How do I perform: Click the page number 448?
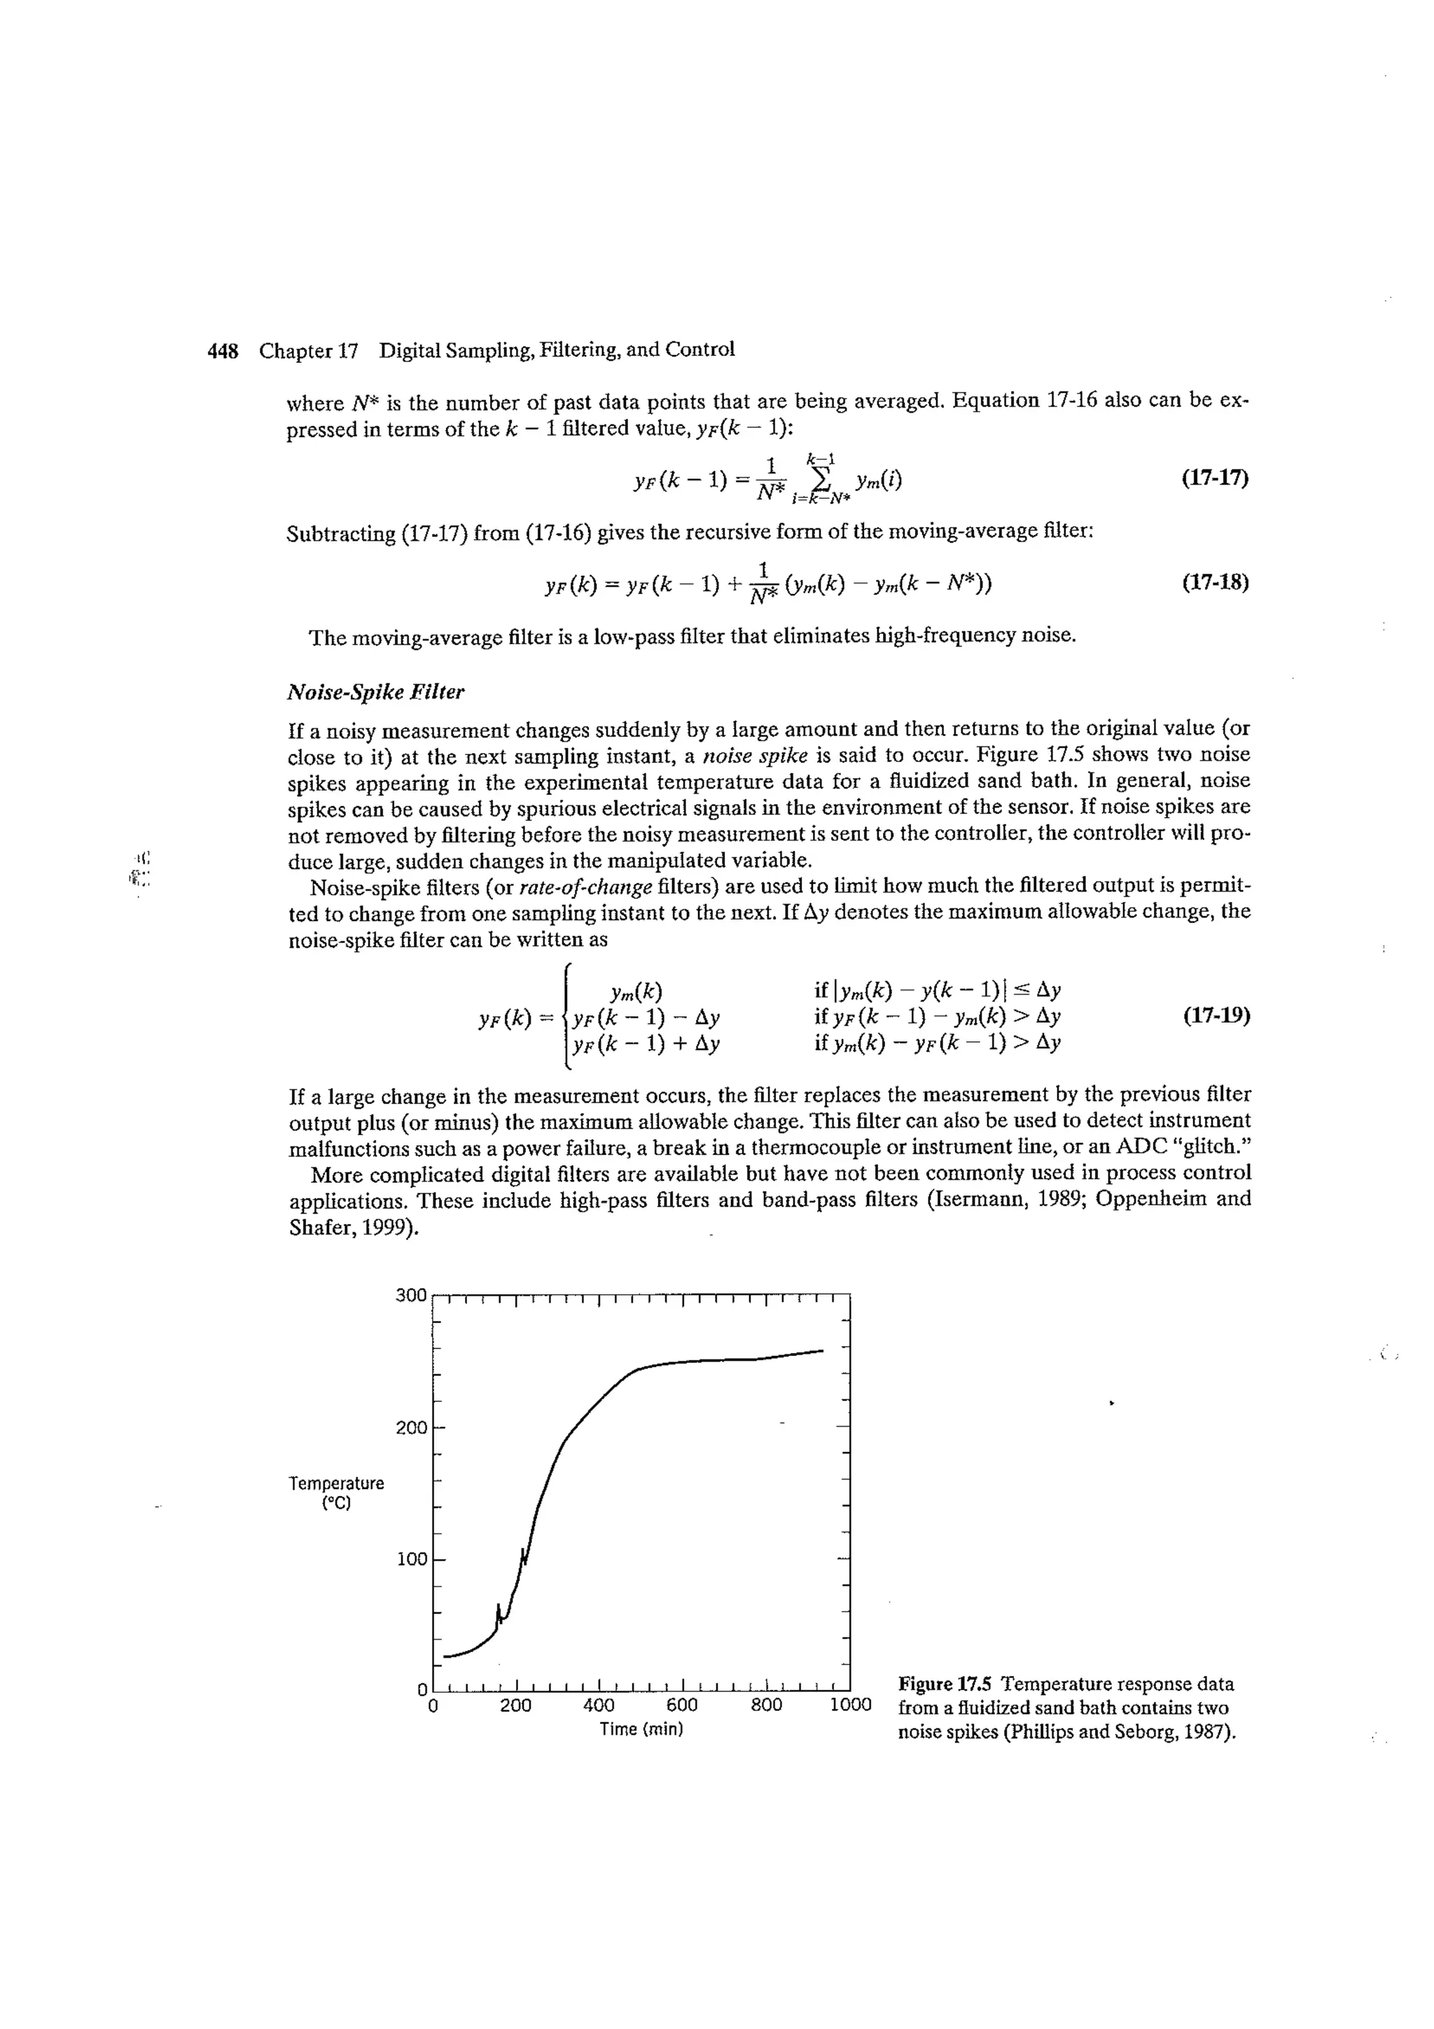coord(223,352)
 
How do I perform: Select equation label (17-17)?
coord(1215,479)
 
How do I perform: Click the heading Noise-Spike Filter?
coord(375,692)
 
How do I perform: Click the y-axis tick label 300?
coord(411,1296)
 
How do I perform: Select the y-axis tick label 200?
coord(411,1427)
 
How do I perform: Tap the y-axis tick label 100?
coord(411,1559)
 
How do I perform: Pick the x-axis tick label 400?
coord(599,1705)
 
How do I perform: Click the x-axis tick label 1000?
coord(850,1705)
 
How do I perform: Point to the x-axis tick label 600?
coord(682,1705)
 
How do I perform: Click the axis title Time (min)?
coord(641,1729)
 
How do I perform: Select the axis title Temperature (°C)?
coord(337,1493)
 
